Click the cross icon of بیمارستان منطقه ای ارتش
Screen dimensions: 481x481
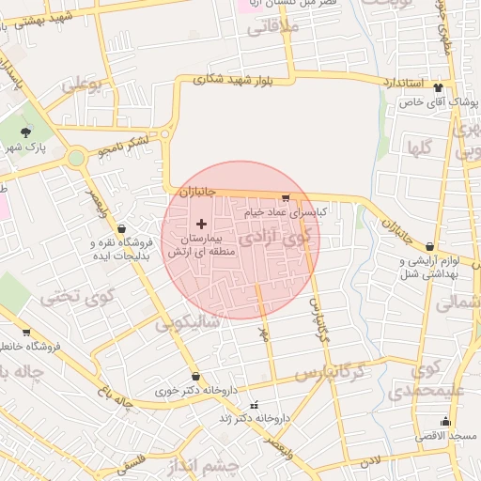click(201, 225)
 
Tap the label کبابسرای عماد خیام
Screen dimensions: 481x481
click(285, 213)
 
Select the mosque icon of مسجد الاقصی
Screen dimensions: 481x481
click(445, 422)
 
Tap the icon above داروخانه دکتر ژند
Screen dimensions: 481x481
click(254, 404)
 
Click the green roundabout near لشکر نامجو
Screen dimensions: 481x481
click(75, 158)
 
